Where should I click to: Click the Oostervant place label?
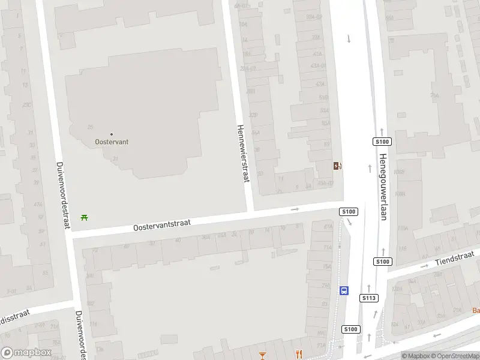tap(112, 142)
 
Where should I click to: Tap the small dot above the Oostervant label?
tap(112, 134)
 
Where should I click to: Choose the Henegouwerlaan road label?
tap(383, 187)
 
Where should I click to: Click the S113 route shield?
tap(369, 298)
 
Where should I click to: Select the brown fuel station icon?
tap(338, 166)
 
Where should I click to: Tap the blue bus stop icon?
tap(344, 290)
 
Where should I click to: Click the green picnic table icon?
tap(84, 217)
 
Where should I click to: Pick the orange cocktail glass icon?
tap(262, 355)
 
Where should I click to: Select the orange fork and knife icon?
tap(298, 355)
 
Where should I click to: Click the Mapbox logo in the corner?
tap(26, 353)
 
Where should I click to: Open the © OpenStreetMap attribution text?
tap(454, 356)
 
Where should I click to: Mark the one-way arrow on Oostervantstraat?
tap(295, 209)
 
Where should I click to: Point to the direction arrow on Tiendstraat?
tap(425, 265)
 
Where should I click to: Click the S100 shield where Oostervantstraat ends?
tap(349, 211)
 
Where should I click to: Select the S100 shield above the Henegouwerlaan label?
tap(382, 142)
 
